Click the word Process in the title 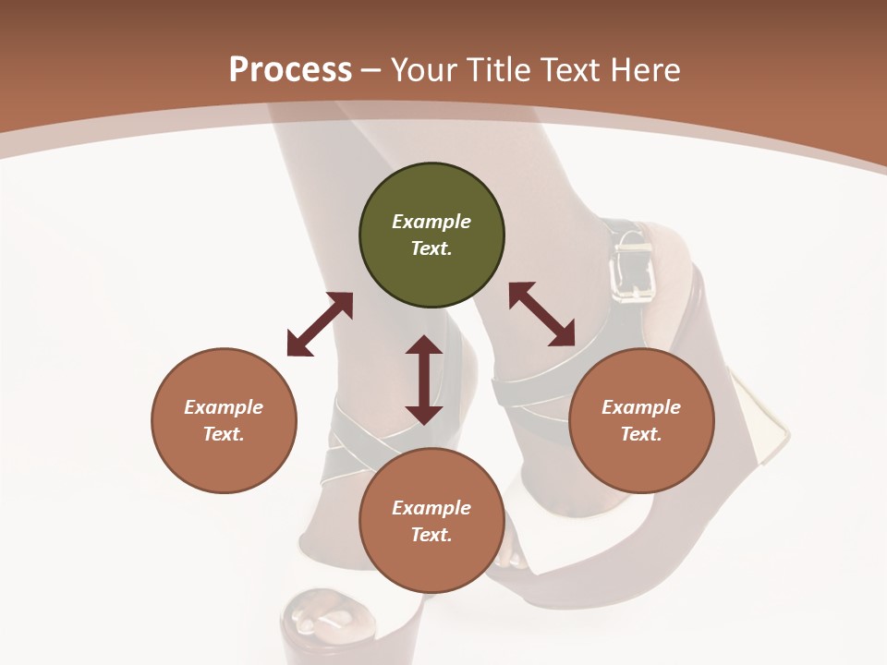tap(290, 70)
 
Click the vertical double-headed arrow tap(424, 380)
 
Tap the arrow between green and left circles tap(320, 324)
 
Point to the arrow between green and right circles tap(541, 314)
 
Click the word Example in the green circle tap(431, 222)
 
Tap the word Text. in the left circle tap(224, 434)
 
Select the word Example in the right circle tap(641, 407)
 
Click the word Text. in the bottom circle tap(431, 535)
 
